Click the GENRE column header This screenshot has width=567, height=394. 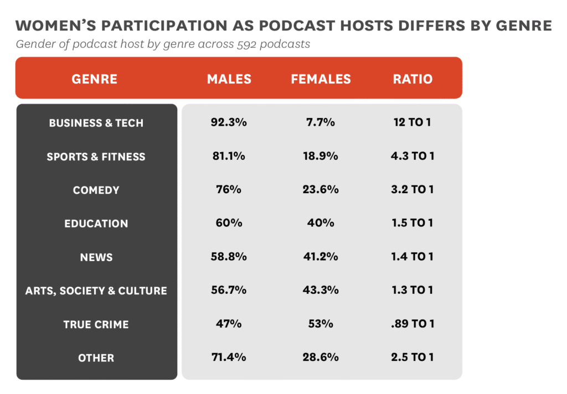95,79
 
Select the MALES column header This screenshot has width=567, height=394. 229,79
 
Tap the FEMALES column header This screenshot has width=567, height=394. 321,79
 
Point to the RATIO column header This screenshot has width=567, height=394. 413,79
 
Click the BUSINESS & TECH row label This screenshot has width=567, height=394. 96,123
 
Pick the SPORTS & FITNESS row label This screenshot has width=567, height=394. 96,157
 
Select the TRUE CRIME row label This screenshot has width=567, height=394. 96,324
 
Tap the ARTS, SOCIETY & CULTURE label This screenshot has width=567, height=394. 96,291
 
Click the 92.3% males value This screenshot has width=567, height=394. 229,122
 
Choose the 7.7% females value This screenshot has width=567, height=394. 321,122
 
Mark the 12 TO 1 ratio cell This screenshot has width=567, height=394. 413,122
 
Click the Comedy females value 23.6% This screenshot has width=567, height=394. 321,189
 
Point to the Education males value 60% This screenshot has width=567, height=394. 229,223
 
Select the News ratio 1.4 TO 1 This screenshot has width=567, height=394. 413,257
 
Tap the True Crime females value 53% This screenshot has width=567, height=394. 321,324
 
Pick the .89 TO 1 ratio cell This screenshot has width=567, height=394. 413,324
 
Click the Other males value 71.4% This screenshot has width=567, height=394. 229,357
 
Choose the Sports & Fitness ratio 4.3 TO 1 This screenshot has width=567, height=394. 413,156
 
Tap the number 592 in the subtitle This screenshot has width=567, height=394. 239,44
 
